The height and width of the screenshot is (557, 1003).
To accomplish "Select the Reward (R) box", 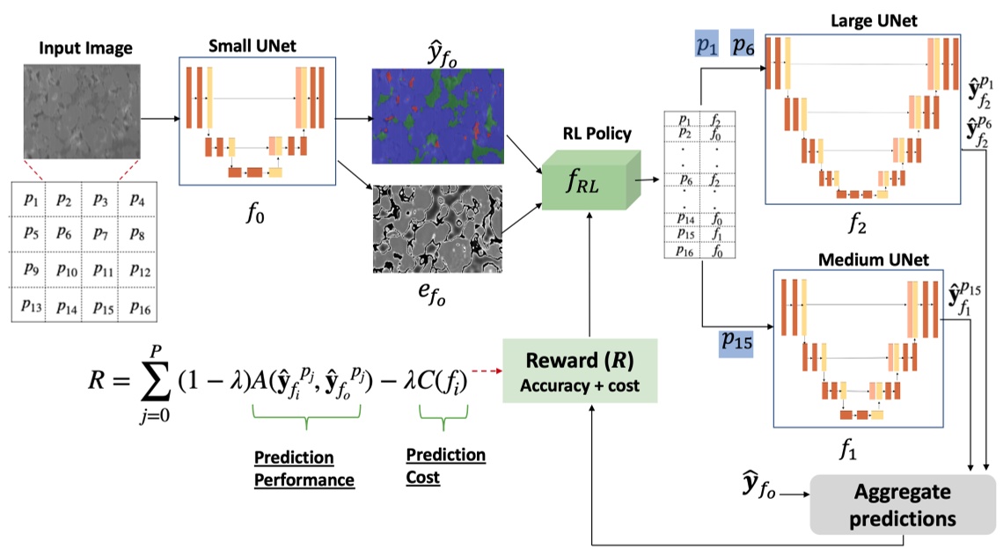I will (580, 370).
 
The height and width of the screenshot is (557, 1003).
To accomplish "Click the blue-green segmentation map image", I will (437, 115).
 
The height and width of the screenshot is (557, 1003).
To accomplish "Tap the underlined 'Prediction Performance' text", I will (304, 468).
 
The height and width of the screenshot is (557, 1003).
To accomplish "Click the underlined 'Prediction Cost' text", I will (445, 465).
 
